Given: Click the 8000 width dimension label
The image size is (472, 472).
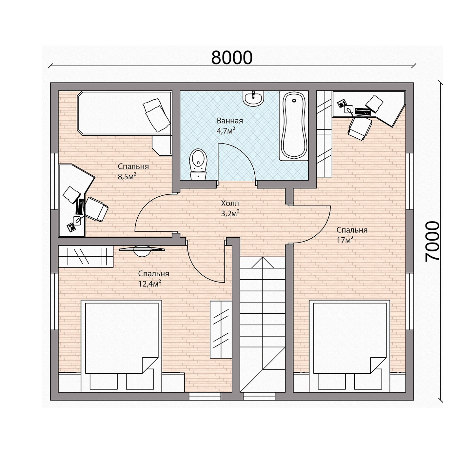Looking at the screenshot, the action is click(x=231, y=58).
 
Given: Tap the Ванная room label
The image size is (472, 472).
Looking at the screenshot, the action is click(x=230, y=121).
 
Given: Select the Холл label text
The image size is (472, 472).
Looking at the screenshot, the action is click(x=230, y=203).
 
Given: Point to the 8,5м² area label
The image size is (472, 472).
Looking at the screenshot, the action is click(x=127, y=176).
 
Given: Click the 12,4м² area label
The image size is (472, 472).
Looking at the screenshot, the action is click(x=149, y=284).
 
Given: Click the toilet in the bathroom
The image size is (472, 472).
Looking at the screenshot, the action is click(x=198, y=165).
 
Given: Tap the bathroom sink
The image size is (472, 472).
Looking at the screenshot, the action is click(x=253, y=98).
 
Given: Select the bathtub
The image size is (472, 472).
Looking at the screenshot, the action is click(x=294, y=126).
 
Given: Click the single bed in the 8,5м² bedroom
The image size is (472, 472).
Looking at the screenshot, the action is click(x=125, y=113).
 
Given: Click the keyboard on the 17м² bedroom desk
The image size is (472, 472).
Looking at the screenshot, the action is click(x=363, y=112).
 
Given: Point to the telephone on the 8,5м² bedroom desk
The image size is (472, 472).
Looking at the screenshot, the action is click(x=71, y=227).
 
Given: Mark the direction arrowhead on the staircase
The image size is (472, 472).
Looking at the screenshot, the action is click(x=263, y=262).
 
